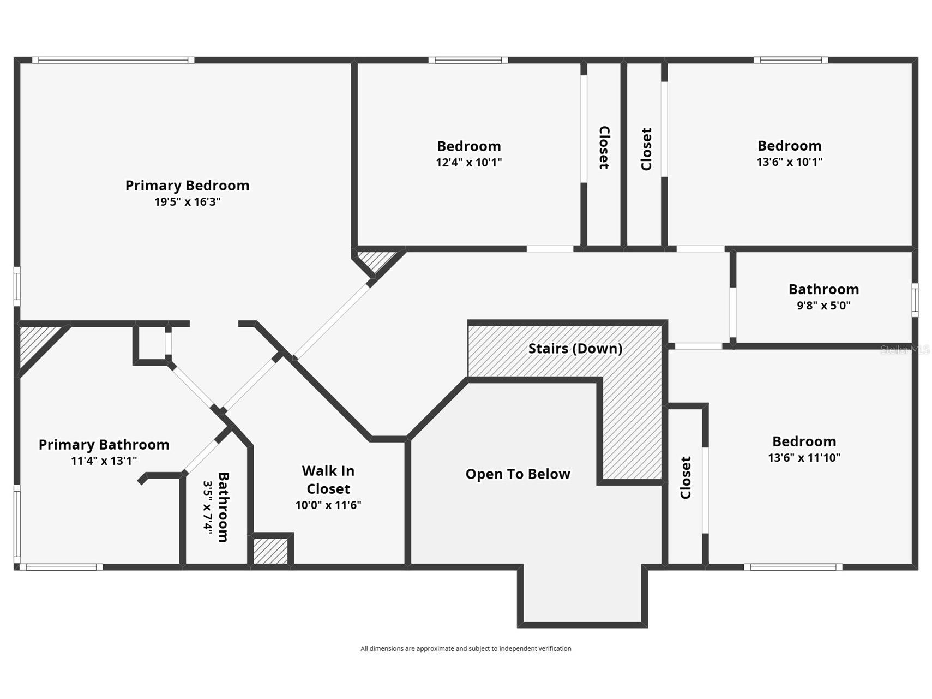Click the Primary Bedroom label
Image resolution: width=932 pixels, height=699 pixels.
point(187,186)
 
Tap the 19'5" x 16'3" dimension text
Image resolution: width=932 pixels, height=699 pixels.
point(187,202)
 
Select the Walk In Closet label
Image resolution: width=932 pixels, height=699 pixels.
point(328,480)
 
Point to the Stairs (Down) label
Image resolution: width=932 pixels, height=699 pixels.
point(575,349)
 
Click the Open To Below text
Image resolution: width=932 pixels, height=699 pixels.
point(518,474)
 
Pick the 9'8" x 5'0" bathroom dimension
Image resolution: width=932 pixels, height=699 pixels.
point(823,306)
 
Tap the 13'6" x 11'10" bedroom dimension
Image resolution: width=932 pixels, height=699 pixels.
point(804,458)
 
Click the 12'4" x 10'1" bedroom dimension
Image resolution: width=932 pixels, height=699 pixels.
point(468,163)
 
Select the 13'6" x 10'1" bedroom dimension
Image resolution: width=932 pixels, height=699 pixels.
point(789,162)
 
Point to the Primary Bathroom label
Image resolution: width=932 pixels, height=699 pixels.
point(104,445)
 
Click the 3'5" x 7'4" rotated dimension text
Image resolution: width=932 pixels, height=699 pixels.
point(207,507)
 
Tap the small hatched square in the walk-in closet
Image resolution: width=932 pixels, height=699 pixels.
point(271,551)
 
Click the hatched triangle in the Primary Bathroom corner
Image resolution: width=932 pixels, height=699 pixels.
point(36,343)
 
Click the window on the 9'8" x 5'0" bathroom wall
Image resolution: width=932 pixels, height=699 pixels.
point(915,300)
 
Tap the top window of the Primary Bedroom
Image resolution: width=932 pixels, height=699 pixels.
point(113,60)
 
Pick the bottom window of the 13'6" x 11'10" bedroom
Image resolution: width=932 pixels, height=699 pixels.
point(793,567)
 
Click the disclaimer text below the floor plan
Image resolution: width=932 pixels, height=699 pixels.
point(466,649)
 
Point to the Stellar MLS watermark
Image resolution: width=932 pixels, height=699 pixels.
point(905,349)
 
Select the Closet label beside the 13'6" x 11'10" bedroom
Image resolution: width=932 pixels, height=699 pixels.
point(686,477)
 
